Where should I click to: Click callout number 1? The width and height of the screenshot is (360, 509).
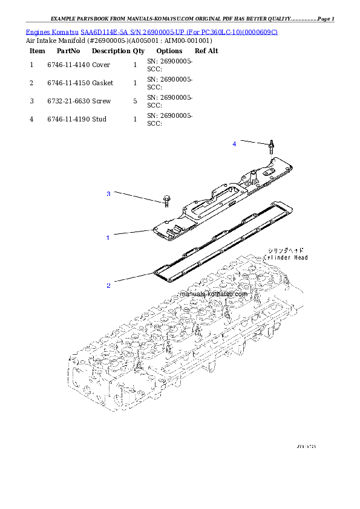(x=108, y=238)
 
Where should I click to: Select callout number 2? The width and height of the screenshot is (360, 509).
(x=108, y=285)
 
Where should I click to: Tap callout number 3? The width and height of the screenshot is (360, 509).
(x=108, y=193)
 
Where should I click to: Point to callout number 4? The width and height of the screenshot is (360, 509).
(x=234, y=143)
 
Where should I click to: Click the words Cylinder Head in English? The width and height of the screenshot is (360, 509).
(x=286, y=258)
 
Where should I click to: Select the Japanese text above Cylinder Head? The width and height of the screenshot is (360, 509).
(x=286, y=250)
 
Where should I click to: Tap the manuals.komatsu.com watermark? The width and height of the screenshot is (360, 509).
(x=214, y=294)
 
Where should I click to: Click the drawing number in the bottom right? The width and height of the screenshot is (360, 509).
(x=306, y=447)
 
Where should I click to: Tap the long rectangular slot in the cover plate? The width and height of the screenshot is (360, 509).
(x=212, y=198)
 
